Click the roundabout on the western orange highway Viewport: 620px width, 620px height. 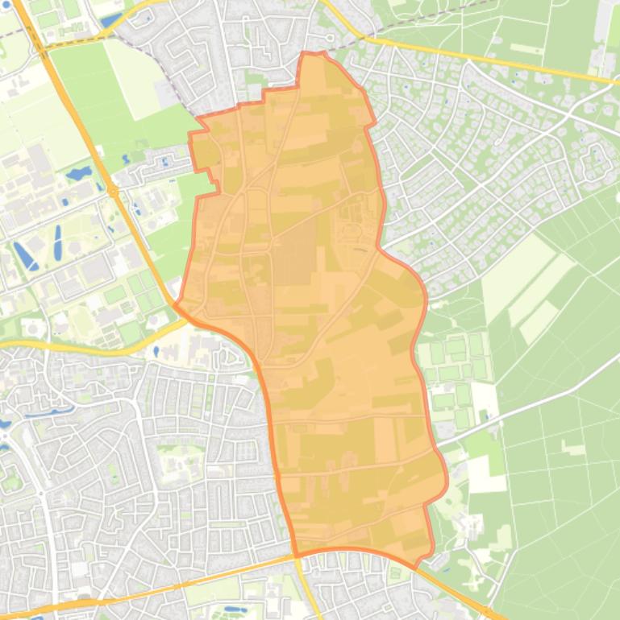point(113,192)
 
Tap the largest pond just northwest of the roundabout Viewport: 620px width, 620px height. point(79,173)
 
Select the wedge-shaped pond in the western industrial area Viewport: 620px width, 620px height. point(24,256)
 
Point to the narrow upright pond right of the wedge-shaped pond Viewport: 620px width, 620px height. point(58,238)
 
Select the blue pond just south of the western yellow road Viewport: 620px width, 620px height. point(156,351)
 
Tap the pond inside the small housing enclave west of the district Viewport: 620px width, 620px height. point(165,161)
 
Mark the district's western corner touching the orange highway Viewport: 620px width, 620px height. point(176,305)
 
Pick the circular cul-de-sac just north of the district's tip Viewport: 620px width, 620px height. point(329,39)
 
